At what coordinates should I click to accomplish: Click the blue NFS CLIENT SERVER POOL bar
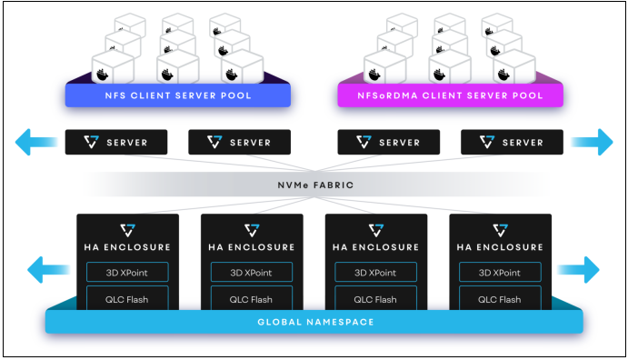(x=177, y=95)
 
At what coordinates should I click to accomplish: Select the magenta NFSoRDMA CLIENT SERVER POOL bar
(x=451, y=95)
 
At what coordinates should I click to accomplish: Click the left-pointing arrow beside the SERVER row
(x=35, y=142)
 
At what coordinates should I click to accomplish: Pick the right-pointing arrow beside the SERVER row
(x=592, y=142)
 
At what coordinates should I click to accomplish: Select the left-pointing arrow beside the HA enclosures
(x=48, y=269)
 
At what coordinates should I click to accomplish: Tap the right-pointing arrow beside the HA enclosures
(x=579, y=269)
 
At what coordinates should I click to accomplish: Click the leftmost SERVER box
(x=117, y=142)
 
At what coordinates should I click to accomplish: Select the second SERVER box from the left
(x=240, y=142)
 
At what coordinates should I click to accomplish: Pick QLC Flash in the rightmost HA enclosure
(x=499, y=299)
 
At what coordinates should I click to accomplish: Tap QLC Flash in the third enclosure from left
(x=374, y=299)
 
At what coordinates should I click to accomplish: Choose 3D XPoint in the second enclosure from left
(x=250, y=272)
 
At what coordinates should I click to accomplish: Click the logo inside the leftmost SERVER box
(x=90, y=142)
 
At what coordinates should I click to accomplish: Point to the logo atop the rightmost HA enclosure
(x=499, y=229)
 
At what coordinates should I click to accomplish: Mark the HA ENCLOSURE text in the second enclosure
(x=250, y=246)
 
